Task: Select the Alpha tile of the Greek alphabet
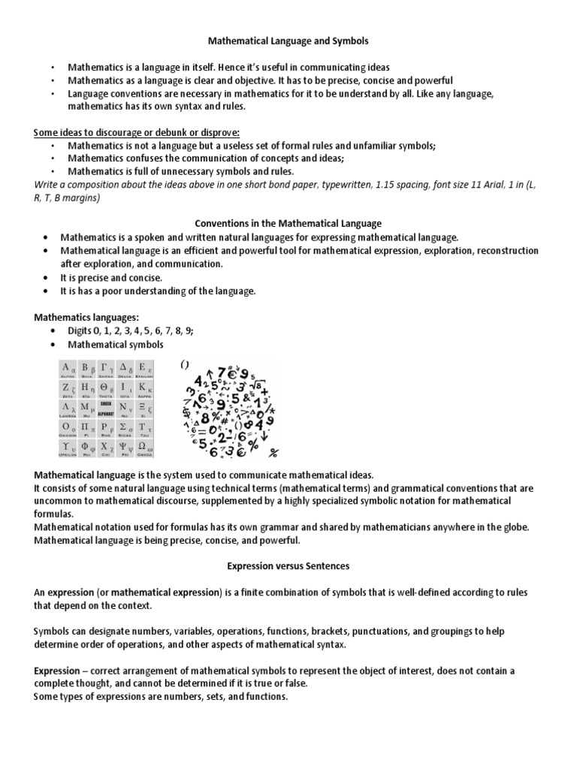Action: click(69, 369)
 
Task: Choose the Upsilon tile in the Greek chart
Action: click(69, 448)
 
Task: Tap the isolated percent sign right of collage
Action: click(273, 452)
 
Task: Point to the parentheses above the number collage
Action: click(184, 364)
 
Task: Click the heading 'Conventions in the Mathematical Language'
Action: click(288, 223)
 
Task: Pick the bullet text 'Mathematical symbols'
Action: click(115, 345)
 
